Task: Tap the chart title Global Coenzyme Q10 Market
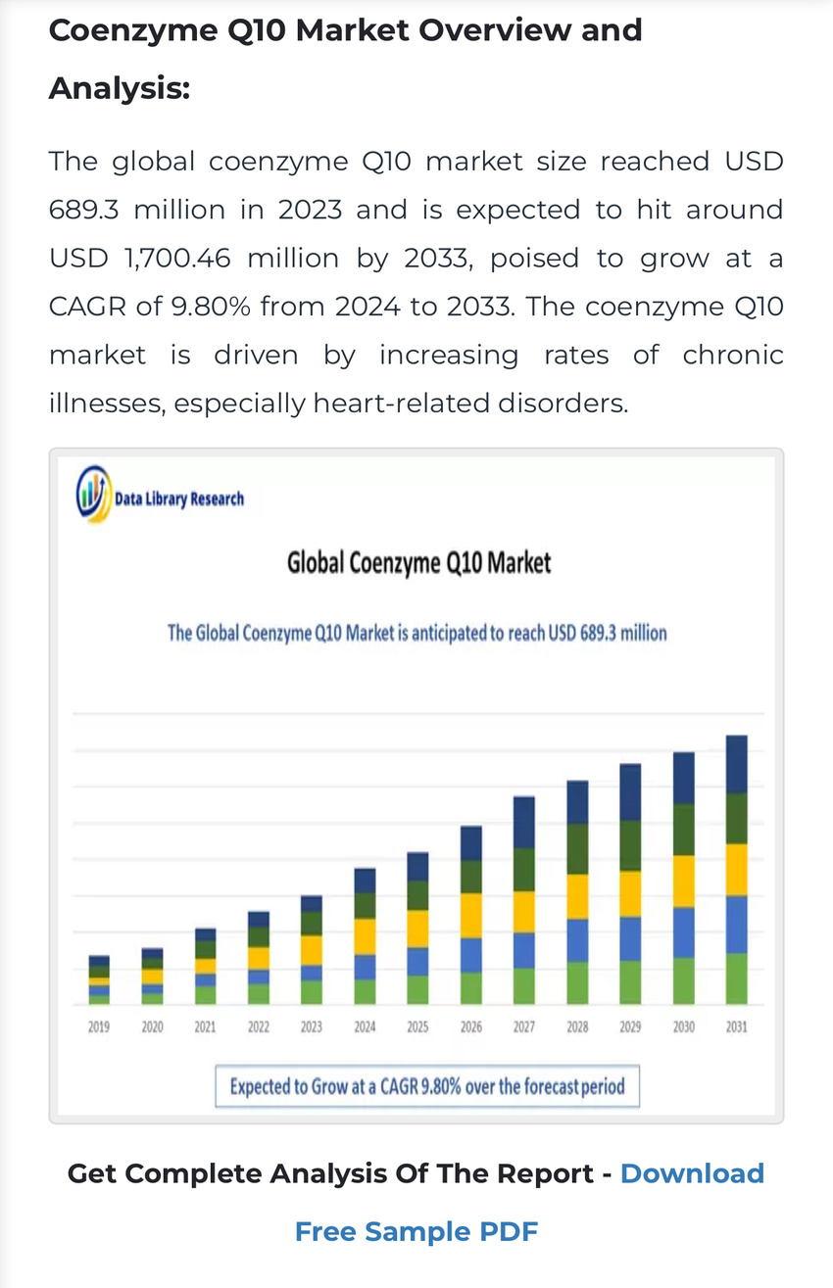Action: [418, 563]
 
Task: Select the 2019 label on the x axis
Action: [99, 1027]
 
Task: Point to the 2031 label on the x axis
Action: [736, 1027]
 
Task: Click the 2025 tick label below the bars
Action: [417, 1027]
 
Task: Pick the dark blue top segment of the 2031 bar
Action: [736, 764]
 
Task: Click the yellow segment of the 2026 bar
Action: [471, 915]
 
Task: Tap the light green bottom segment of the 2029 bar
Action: [630, 981]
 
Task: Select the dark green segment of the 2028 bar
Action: [577, 848]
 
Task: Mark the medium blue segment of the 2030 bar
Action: [683, 932]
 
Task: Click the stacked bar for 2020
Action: [152, 976]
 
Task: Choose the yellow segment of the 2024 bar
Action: [365, 936]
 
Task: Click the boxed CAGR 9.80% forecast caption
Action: [427, 1086]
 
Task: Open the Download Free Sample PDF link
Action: [416, 1231]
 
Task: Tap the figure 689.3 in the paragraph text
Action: [84, 210]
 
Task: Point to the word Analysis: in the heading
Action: [119, 89]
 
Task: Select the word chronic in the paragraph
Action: [733, 355]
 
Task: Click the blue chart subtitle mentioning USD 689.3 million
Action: [416, 633]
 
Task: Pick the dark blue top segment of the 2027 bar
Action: [524, 822]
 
